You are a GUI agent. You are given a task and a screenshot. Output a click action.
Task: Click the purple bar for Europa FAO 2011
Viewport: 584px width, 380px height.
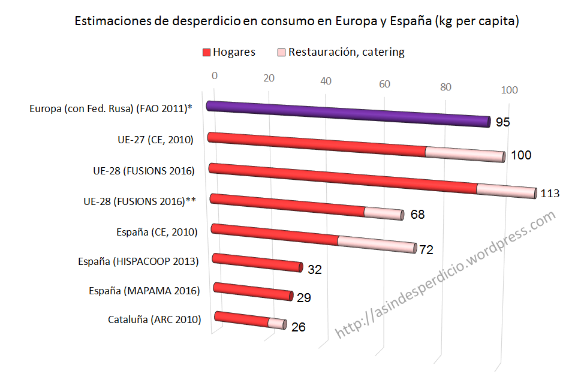(x=348, y=114)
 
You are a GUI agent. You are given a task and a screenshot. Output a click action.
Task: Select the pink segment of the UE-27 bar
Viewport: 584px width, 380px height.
(x=465, y=154)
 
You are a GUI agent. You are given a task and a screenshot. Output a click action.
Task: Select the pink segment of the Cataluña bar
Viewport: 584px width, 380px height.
(x=276, y=323)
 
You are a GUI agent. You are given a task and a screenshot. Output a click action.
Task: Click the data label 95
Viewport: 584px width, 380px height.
(x=503, y=122)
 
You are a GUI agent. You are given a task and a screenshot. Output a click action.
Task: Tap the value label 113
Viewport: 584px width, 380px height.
(x=550, y=194)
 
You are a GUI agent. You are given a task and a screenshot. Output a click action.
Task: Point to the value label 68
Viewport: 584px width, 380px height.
(x=417, y=214)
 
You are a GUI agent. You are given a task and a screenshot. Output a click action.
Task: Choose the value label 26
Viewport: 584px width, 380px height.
(x=298, y=327)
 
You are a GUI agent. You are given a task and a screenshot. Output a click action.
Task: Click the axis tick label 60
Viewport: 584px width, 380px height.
(x=384, y=84)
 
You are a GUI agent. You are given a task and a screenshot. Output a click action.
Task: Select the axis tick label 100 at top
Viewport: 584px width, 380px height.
(x=509, y=90)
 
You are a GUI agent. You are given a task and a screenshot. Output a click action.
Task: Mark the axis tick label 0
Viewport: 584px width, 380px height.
(x=214, y=75)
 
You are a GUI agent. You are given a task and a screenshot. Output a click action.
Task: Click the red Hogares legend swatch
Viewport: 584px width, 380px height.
(x=206, y=52)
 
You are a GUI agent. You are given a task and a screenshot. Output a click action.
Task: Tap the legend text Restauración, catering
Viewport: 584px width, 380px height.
(x=346, y=52)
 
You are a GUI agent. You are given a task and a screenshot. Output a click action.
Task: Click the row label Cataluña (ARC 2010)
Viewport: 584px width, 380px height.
(x=154, y=319)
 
